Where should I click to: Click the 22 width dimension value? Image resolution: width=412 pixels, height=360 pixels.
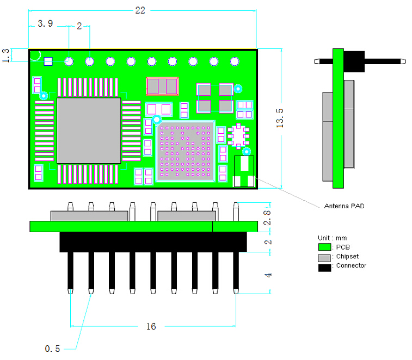pyautogui.click(x=140, y=10)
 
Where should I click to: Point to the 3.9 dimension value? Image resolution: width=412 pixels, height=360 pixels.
pyautogui.click(x=45, y=24)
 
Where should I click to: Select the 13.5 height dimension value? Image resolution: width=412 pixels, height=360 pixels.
pyautogui.click(x=280, y=117)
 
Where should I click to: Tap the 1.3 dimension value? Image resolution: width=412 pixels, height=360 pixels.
pyautogui.click(x=6, y=55)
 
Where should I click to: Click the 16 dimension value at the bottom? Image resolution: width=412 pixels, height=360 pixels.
pyautogui.click(x=151, y=326)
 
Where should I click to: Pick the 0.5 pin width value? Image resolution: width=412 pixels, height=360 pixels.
pyautogui.click(x=52, y=349)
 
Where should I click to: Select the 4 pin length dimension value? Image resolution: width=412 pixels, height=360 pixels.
pyautogui.click(x=268, y=275)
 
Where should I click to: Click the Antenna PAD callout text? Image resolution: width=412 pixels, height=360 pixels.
pyautogui.click(x=344, y=206)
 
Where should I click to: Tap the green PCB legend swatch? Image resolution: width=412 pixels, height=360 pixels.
pyautogui.click(x=325, y=247)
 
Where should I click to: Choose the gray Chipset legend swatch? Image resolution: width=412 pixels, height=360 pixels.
pyautogui.click(x=325, y=257)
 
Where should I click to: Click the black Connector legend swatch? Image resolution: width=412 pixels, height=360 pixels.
pyautogui.click(x=325, y=266)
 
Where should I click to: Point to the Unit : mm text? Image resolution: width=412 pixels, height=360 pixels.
pyautogui.click(x=332, y=238)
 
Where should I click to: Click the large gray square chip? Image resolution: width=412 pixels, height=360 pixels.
pyautogui.click(x=89, y=131)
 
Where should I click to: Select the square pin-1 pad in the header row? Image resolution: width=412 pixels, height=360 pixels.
pyautogui.click(x=48, y=61)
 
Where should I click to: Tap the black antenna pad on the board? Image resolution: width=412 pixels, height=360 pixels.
pyautogui.click(x=244, y=172)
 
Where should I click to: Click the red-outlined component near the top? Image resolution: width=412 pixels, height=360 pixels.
pyautogui.click(x=162, y=86)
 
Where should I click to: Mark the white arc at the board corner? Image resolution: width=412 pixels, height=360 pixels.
pyautogui.click(x=35, y=55)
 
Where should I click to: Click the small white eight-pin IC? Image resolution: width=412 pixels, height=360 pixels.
pyautogui.click(x=238, y=136)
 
